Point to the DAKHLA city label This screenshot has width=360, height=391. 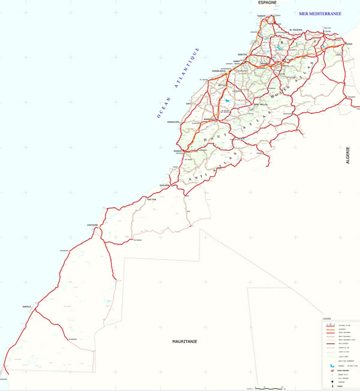(x=26, y=306)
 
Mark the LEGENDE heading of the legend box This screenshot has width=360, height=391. (x=326, y=318)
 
